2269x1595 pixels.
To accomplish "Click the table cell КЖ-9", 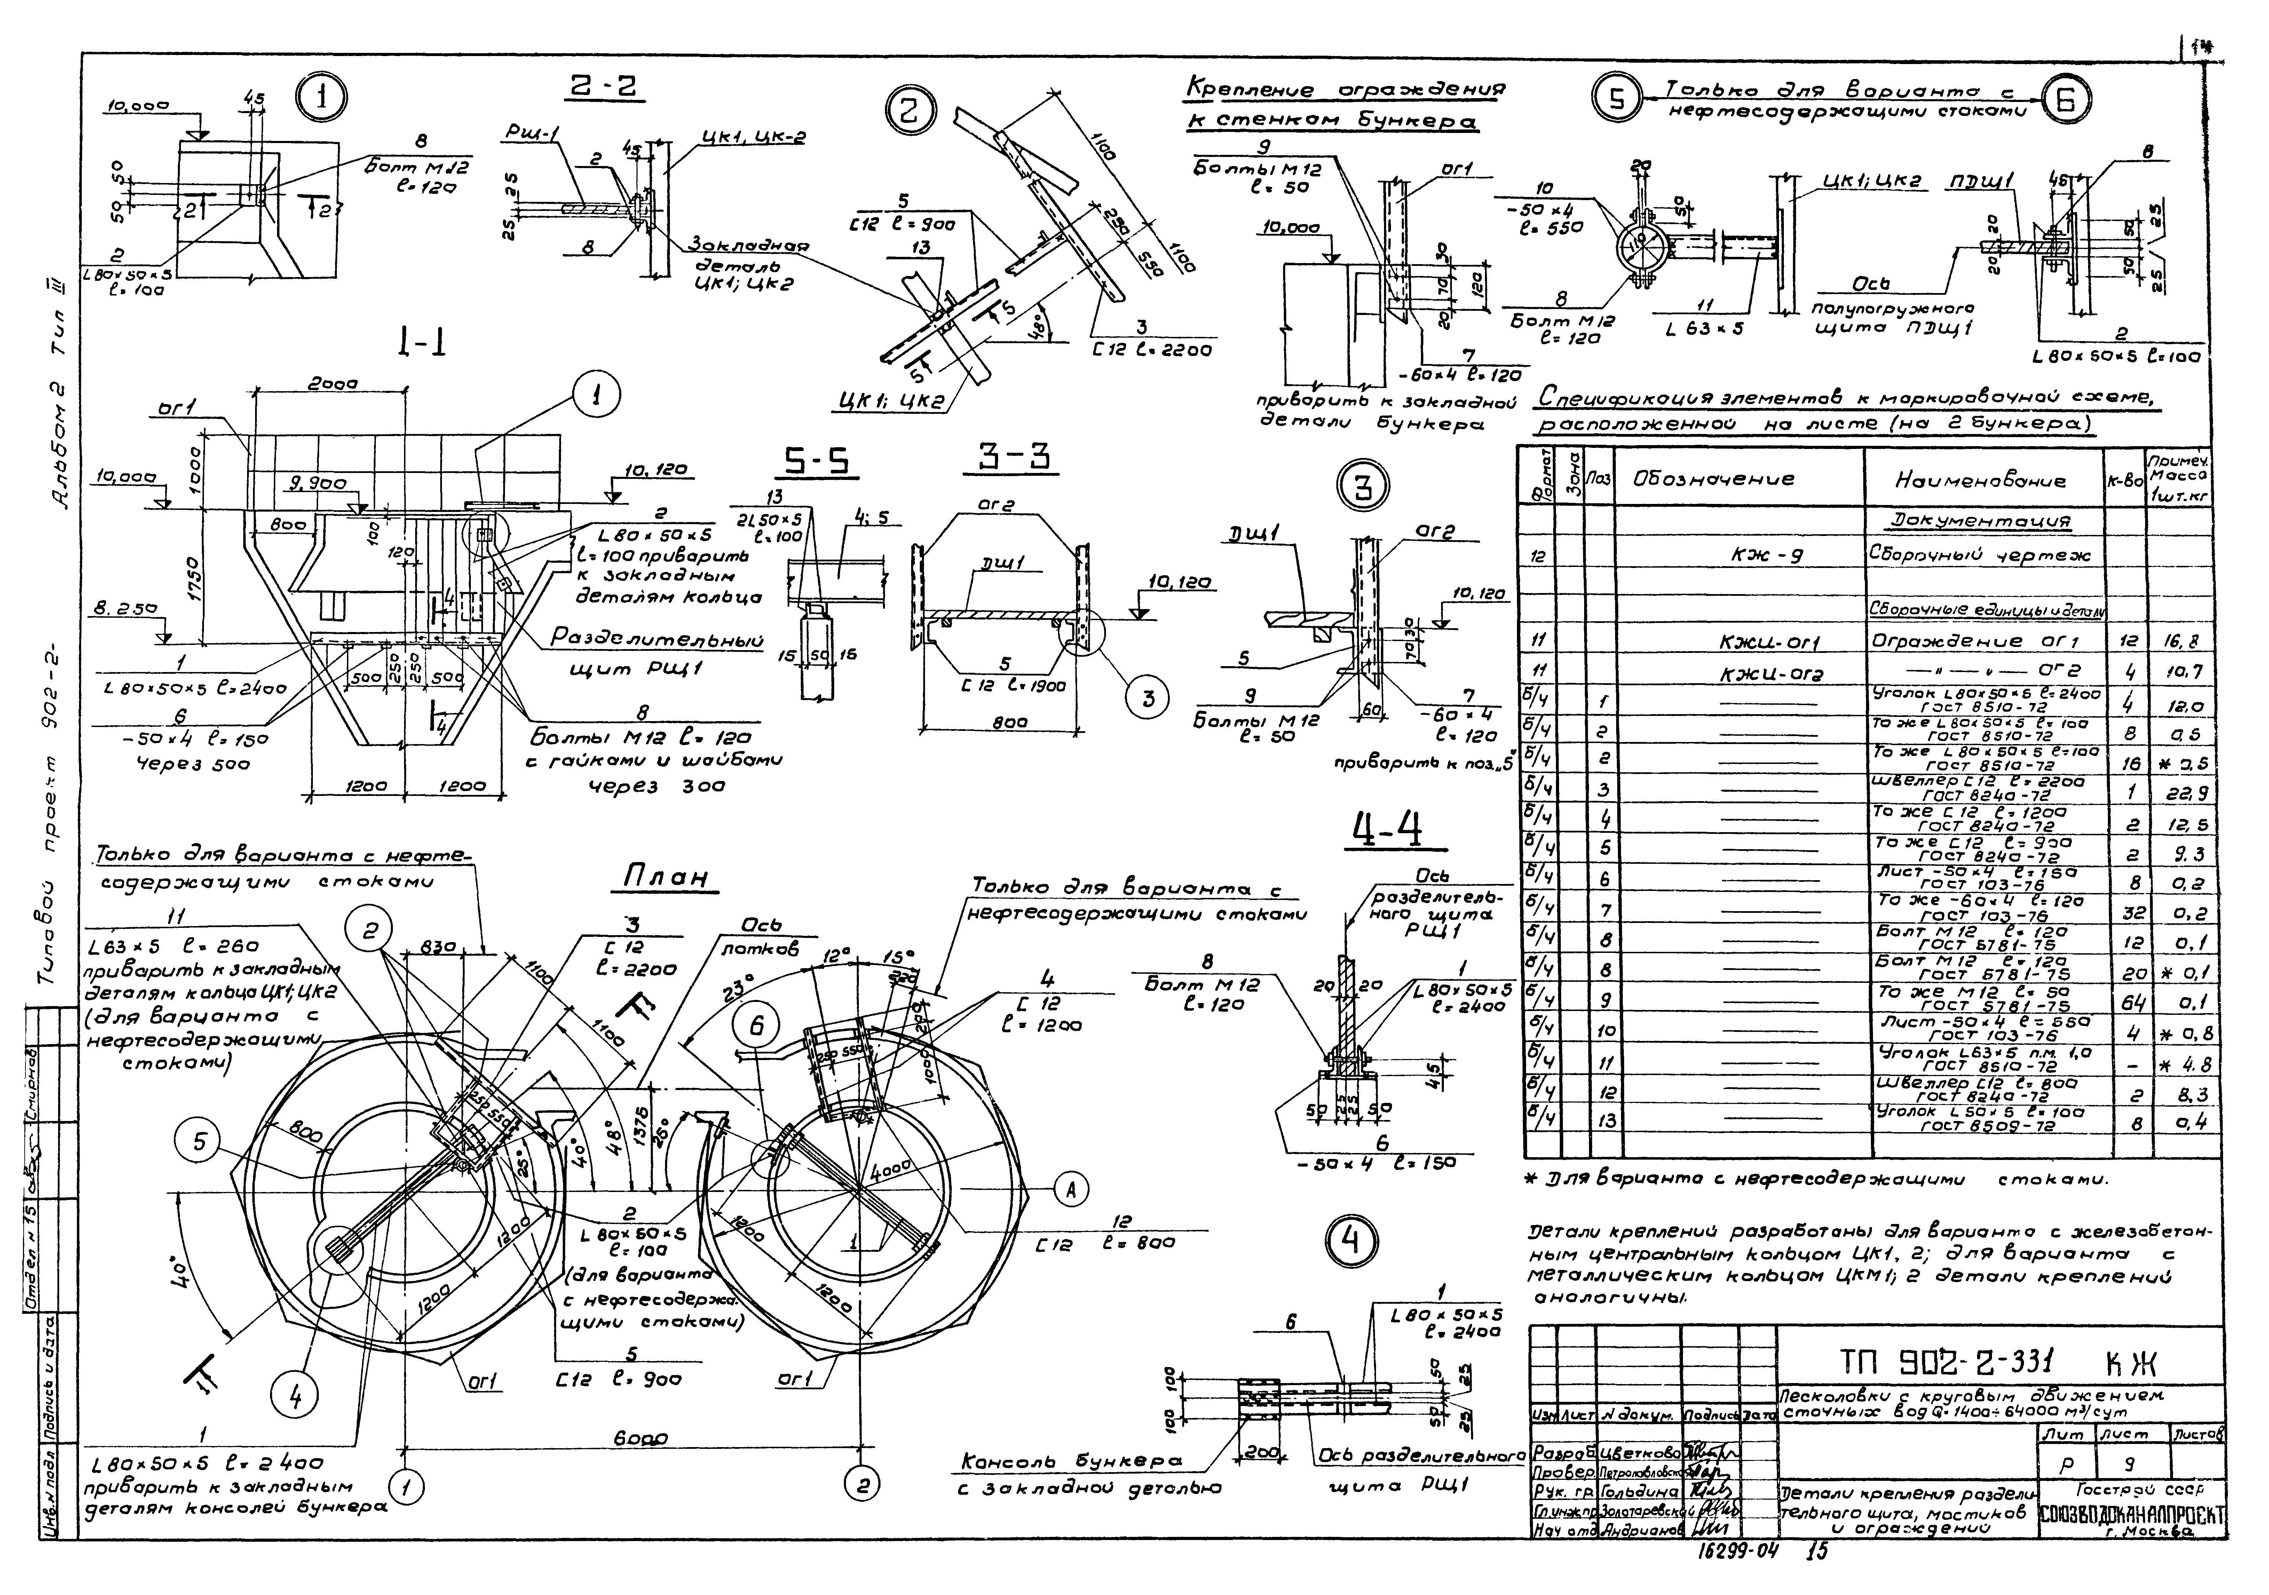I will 1767,555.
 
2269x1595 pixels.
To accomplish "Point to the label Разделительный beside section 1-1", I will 656,640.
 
